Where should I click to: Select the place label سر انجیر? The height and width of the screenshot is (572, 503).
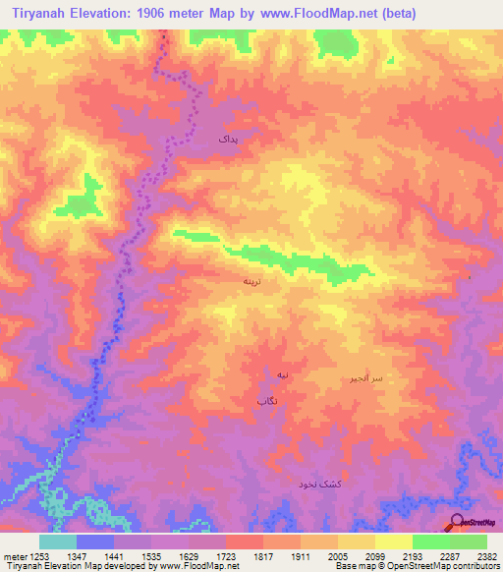[x=363, y=378]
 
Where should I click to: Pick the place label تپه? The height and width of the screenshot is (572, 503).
[x=283, y=376]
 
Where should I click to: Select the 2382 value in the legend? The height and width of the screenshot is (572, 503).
[x=486, y=555]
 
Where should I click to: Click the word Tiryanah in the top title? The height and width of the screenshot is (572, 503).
[x=43, y=14]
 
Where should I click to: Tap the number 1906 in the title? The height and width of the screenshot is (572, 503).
[x=171, y=14]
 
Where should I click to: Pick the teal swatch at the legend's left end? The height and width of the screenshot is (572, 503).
[x=58, y=542]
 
